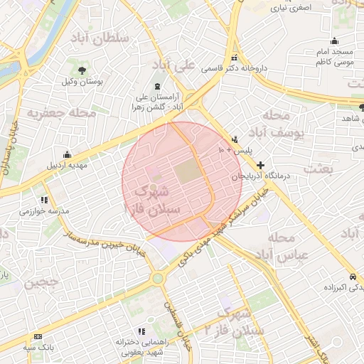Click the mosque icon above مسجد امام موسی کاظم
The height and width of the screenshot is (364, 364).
tap(334, 41)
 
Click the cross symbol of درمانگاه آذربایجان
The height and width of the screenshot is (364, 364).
tap(261, 164)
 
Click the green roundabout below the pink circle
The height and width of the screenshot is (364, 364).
tap(158, 279)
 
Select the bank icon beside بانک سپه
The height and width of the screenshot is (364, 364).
tap(38, 336)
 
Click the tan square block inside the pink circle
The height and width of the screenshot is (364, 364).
tap(187, 171)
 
